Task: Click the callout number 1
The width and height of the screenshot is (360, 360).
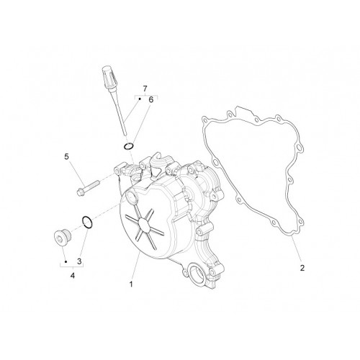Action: coord(131,284)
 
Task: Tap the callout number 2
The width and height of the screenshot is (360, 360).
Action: coord(302,268)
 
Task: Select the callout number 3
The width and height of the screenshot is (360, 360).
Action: coord(79,261)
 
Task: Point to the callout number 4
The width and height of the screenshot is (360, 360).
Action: coord(73,276)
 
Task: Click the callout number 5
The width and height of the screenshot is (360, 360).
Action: coord(66,157)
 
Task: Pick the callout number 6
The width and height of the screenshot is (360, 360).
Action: coord(150,99)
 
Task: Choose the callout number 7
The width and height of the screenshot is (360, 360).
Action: coord(145,89)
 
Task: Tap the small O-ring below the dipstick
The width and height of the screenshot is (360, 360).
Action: coord(129,145)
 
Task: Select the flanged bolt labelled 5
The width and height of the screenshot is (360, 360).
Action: coord(88,188)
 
